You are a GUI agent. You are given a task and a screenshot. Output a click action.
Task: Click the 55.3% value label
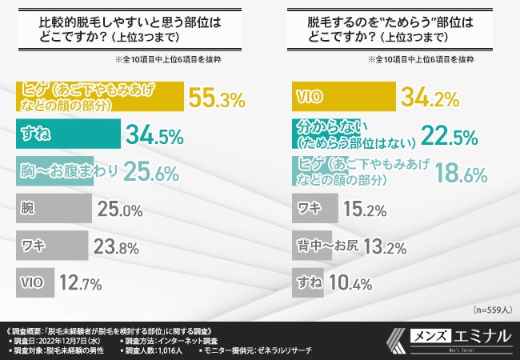215,98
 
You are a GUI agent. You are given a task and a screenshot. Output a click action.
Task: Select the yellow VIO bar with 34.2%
342,98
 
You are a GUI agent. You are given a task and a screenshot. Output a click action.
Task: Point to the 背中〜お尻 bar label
324,245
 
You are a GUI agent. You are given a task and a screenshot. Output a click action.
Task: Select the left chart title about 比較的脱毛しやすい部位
114,29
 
